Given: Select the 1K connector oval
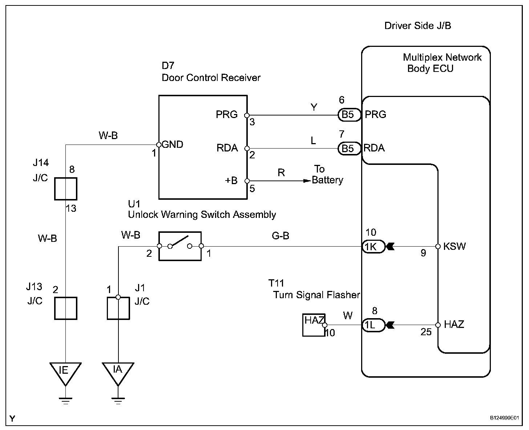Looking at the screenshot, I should pos(373,247).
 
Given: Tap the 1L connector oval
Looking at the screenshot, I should pos(373,325).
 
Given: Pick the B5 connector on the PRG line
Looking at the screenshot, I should pos(348,115).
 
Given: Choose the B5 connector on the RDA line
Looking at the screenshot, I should pos(348,148).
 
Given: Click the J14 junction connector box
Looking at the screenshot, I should pos(65,189).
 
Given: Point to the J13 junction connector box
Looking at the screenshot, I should pos(65,308).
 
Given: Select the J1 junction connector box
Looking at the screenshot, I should pos(118,308).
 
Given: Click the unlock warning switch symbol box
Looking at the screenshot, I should pos(180,246).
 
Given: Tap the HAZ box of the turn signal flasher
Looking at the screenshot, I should pos(314,325).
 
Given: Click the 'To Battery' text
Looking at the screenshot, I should pos(327,175).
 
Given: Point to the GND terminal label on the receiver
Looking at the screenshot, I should pos(172,145).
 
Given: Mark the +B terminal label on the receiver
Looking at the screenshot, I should pos(231,180).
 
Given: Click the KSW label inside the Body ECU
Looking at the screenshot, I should pos(455,247).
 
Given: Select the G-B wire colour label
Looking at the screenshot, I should pos(280,236).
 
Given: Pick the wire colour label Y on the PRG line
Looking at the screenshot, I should pos(314,107).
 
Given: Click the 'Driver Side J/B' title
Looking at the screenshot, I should pos(417,26).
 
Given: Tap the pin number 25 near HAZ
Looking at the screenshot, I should pos(426,332).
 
